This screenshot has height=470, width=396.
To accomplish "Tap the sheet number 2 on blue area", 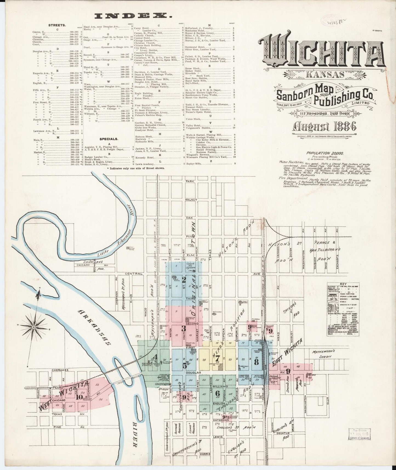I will [x=184, y=280].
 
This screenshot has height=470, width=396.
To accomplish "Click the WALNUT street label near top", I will [x=191, y=200].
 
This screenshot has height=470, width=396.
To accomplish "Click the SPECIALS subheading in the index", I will [x=109, y=139].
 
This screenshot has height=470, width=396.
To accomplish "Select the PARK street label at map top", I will [x=189, y=182].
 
